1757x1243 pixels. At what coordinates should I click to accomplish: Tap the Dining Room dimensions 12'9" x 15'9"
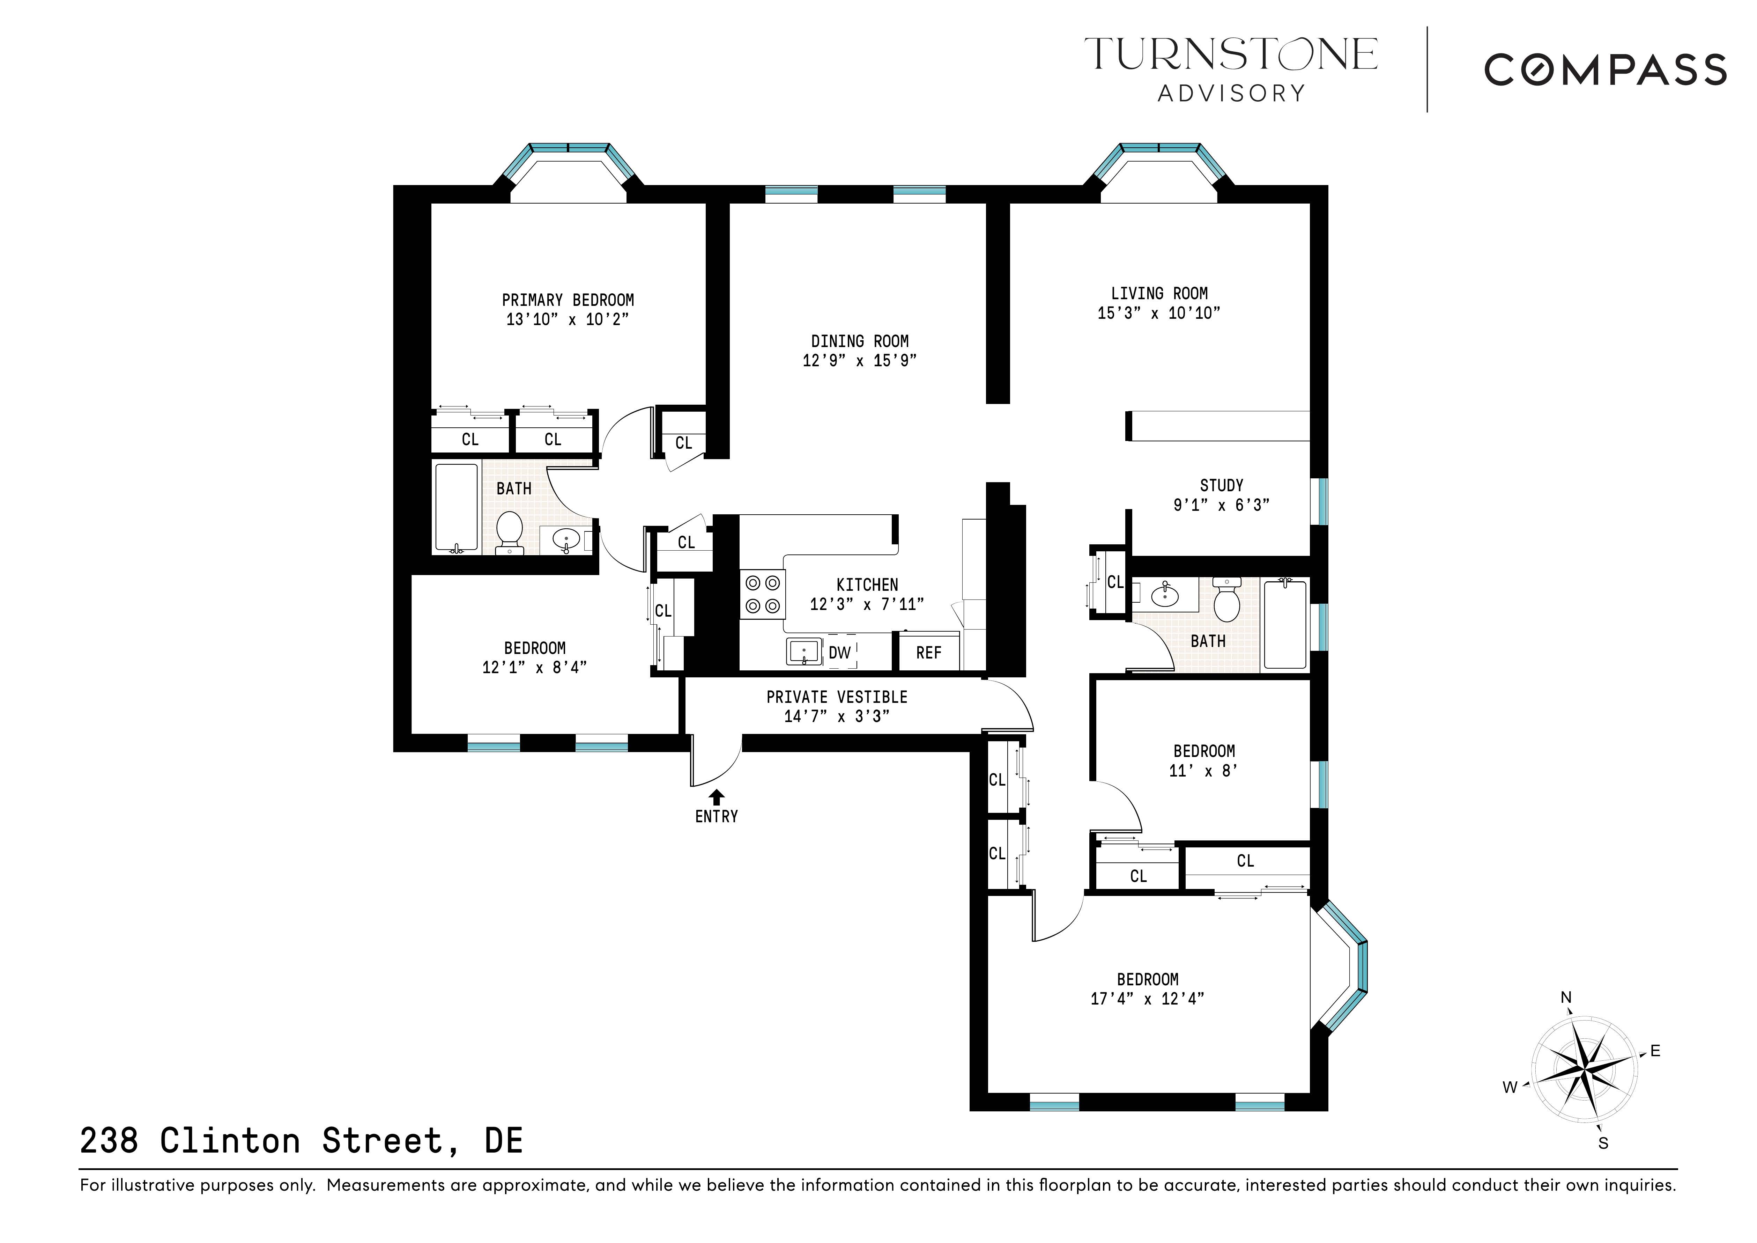point(859,360)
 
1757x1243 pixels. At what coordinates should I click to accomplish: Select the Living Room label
point(1158,293)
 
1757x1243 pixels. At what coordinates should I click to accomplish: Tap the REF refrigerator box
point(928,652)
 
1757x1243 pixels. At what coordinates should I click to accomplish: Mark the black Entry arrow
point(716,797)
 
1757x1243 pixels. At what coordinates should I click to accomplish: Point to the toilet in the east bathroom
point(1227,601)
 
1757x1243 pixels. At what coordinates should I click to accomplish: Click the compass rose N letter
point(1566,997)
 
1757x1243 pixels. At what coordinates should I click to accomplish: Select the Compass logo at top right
point(1605,69)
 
